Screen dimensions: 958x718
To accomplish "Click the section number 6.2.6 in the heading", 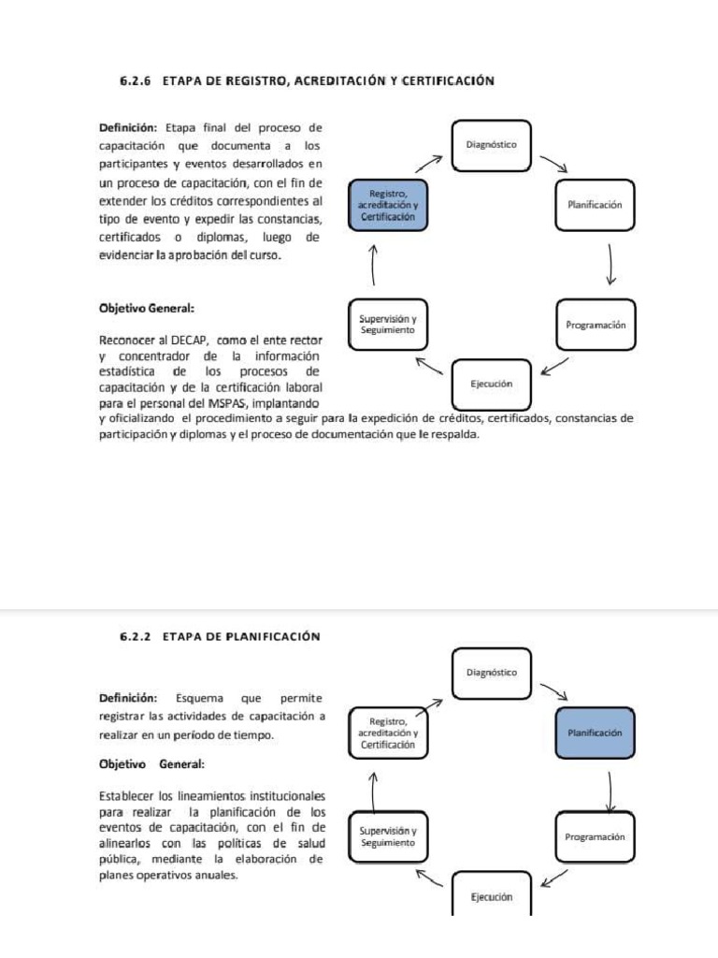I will [x=136, y=81].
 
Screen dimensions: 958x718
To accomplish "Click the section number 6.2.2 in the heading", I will [x=136, y=636].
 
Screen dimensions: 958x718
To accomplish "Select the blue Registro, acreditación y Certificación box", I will [x=388, y=205].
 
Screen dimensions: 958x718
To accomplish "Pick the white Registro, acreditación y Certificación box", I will [x=388, y=733].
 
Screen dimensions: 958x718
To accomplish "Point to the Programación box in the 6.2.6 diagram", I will [x=595, y=325].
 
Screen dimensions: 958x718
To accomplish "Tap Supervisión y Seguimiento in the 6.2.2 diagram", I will [x=388, y=837].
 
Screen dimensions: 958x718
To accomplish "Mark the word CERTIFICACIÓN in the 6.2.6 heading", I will [x=447, y=81].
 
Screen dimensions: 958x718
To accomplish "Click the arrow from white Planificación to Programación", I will [x=610, y=264].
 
